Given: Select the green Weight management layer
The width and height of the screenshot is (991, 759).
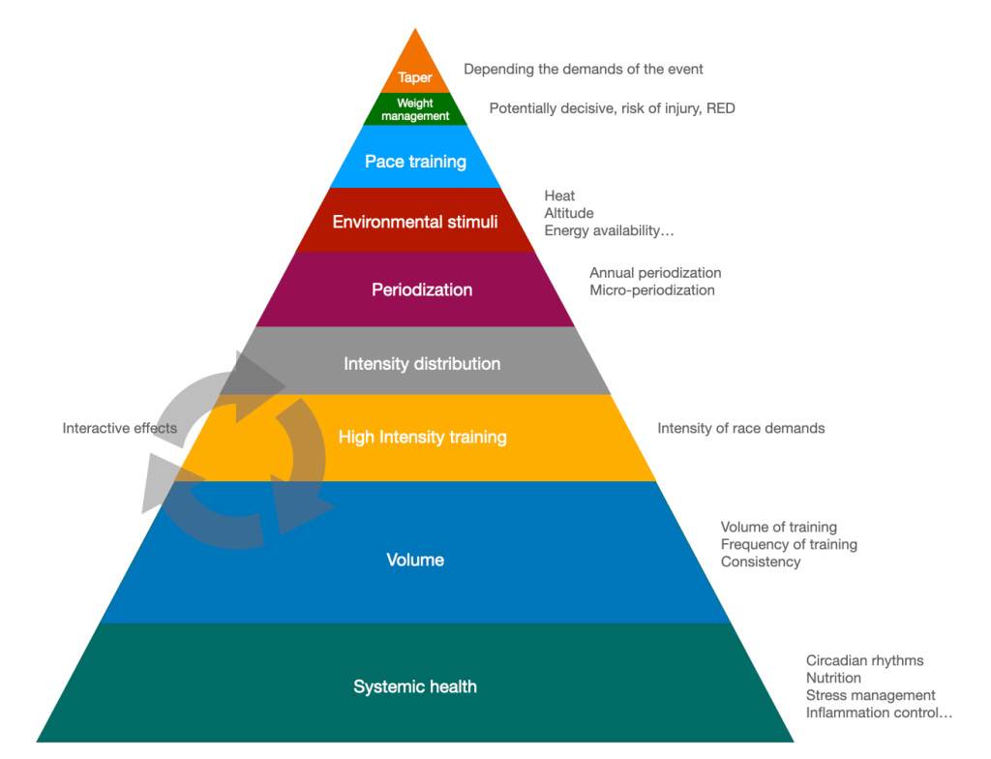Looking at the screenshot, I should click(x=415, y=109).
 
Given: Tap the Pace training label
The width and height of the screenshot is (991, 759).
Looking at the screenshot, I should click(x=415, y=162).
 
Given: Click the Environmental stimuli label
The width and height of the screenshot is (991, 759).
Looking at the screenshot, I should click(x=415, y=222).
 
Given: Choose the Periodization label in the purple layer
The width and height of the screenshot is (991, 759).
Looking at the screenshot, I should click(x=422, y=289).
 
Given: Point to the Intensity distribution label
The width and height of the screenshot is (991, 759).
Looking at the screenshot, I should click(x=422, y=364).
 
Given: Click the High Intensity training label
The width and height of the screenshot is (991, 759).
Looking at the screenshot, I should click(x=422, y=438).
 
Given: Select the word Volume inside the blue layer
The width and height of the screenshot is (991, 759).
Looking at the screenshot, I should click(x=415, y=560).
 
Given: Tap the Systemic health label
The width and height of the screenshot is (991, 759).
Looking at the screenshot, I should click(x=415, y=686).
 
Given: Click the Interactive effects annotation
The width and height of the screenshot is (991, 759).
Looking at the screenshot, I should click(x=120, y=428).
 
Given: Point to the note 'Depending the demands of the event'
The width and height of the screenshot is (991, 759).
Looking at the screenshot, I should click(x=584, y=69).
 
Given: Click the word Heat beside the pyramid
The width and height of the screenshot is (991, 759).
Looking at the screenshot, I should click(x=559, y=196).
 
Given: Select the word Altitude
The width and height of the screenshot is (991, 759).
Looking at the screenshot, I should click(x=569, y=213).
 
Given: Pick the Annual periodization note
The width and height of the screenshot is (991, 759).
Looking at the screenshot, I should click(x=655, y=273).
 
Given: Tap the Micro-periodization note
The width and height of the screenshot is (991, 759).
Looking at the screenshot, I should click(x=652, y=290).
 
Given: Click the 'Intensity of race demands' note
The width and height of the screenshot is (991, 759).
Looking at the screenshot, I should click(x=741, y=428).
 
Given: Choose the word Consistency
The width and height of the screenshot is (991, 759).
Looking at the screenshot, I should click(x=761, y=562).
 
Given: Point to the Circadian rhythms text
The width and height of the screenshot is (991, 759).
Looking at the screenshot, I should click(x=864, y=660).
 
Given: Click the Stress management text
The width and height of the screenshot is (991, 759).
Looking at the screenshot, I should click(x=870, y=695).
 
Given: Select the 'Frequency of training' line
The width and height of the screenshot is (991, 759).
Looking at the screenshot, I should click(x=789, y=544).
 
